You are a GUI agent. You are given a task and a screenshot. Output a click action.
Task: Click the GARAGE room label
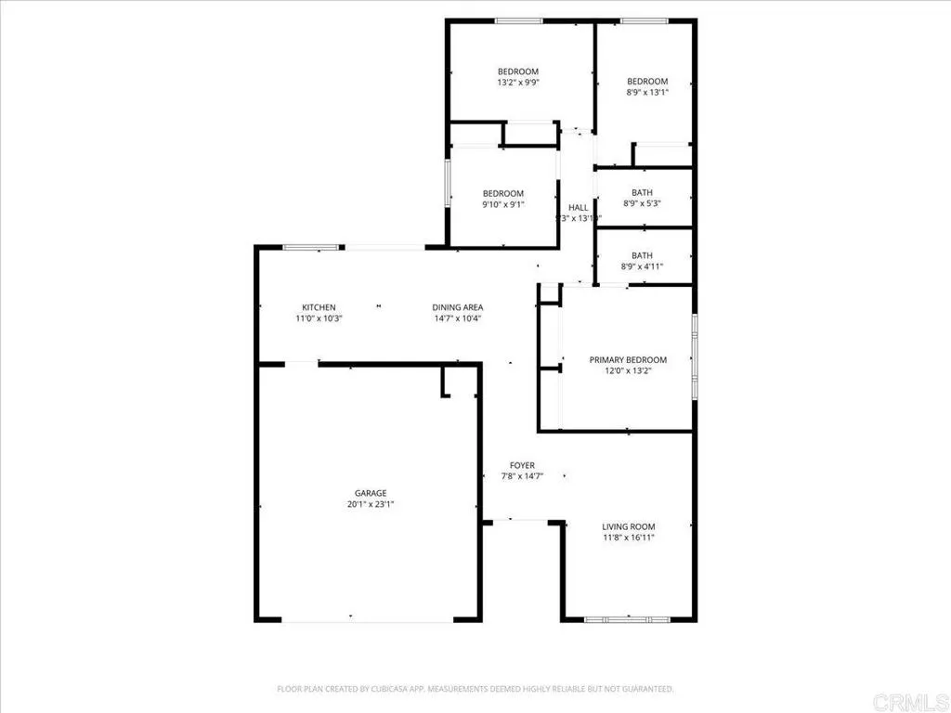pos(370,493)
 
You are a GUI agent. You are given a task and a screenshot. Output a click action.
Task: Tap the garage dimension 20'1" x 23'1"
pos(370,505)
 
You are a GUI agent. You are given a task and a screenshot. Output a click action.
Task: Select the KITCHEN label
pos(319,307)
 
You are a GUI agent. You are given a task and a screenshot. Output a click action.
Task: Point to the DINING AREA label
pos(457,307)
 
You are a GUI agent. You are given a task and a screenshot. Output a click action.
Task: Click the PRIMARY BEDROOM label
pos(628,359)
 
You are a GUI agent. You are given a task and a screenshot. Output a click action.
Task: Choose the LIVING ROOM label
pos(630,526)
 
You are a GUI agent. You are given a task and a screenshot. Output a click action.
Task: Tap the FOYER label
pos(522,465)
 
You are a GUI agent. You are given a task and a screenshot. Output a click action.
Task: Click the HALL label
pos(578,208)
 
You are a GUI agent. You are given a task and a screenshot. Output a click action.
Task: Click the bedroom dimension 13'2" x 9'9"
pos(518,83)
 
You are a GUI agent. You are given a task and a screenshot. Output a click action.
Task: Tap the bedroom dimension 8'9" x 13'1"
pos(647,92)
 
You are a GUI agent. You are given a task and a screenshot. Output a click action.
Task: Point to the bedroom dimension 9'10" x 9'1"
pos(502,204)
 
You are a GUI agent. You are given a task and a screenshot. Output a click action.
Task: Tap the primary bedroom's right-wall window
pos(694,357)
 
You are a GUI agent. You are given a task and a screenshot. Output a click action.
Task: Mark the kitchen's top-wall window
pos(310,247)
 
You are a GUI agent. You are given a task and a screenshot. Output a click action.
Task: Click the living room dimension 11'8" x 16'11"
pos(630,538)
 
